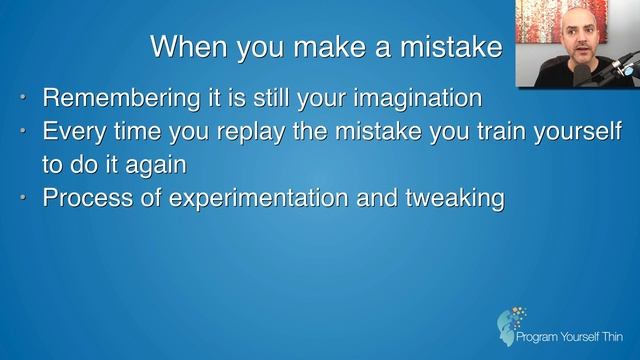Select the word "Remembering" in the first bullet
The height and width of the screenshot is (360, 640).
pyautogui.click(x=108, y=99)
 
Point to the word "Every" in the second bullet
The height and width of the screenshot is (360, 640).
pyautogui.click(x=70, y=132)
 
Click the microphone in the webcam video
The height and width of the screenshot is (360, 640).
pyautogui.click(x=621, y=70)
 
